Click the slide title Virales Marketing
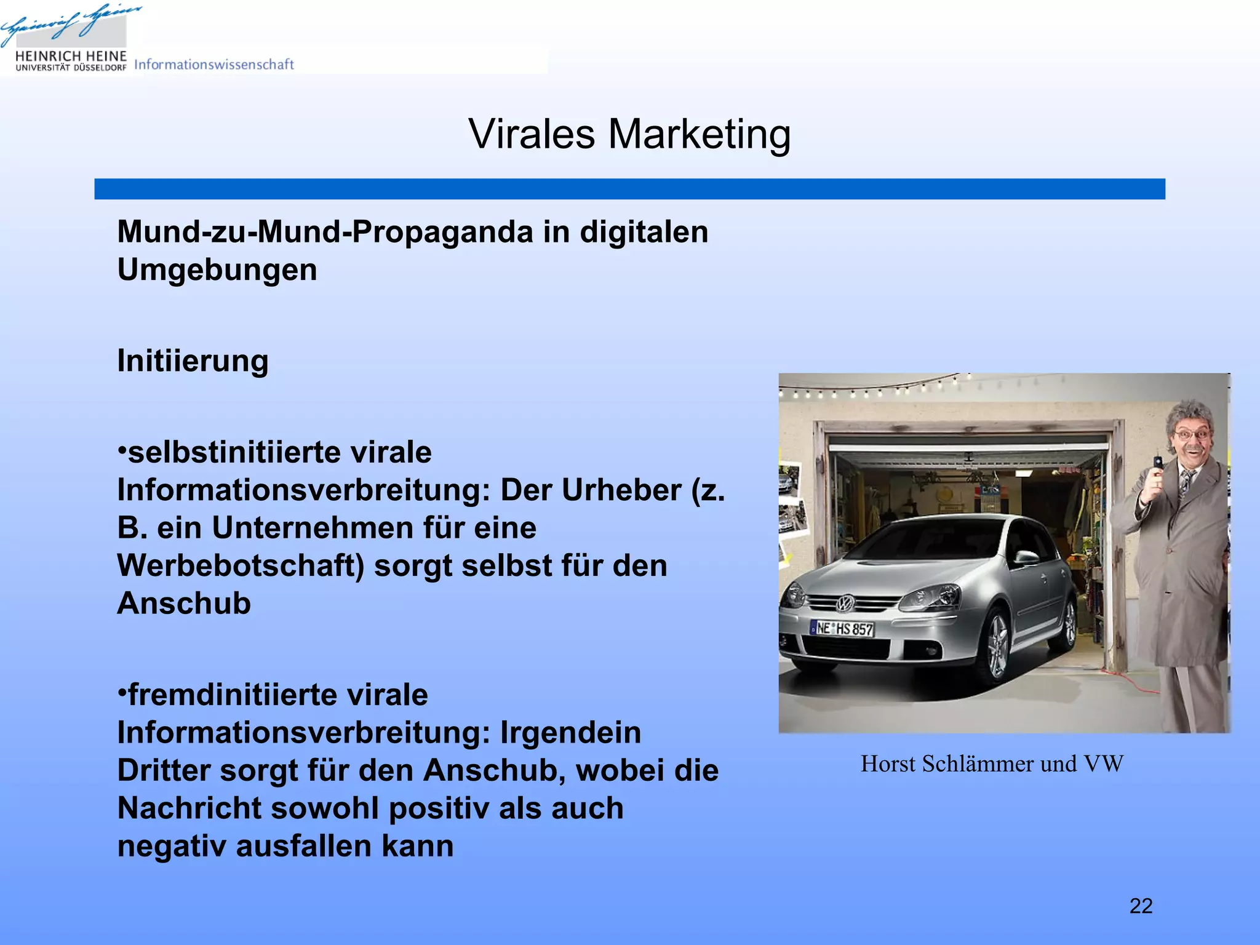click(x=629, y=134)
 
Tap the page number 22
click(x=1141, y=906)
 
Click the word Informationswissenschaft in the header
click(x=213, y=64)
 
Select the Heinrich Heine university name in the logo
click(x=71, y=57)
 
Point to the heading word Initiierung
click(x=193, y=361)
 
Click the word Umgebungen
click(x=217, y=269)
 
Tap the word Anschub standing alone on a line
click(x=184, y=603)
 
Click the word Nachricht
click(x=189, y=808)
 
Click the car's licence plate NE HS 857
click(x=842, y=629)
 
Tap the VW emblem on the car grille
click(x=845, y=604)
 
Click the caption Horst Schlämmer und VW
click(x=992, y=764)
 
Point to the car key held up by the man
click(x=1157, y=463)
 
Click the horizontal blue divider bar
click(x=629, y=189)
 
